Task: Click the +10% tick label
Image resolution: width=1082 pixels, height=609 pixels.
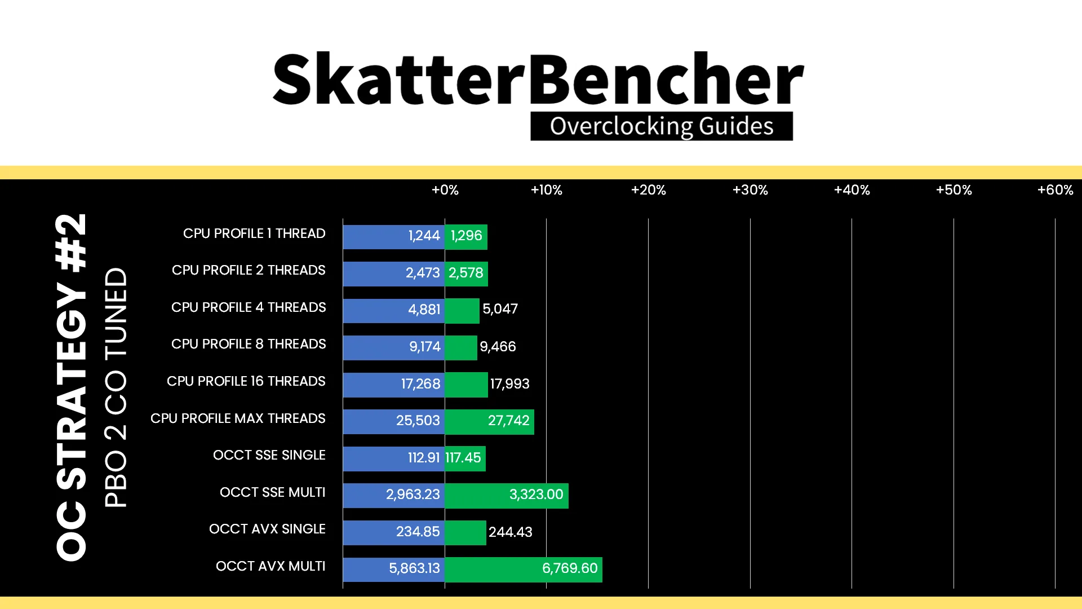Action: point(546,190)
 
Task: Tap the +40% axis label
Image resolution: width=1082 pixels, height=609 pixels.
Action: point(852,190)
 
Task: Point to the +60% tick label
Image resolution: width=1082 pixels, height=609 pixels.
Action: point(1055,190)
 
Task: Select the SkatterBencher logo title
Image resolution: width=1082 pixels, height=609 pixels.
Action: point(538,79)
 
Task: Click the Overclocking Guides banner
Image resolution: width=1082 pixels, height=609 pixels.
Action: point(662,126)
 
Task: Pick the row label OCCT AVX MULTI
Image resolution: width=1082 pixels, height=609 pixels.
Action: point(270,566)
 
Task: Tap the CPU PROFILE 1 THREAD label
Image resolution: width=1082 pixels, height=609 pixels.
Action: point(254,233)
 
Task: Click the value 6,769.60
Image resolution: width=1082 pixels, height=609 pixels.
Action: point(570,568)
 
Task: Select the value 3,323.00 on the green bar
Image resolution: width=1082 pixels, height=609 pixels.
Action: point(536,495)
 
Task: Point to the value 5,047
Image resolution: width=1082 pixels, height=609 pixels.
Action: point(500,309)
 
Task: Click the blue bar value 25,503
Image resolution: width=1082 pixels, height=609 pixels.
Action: point(418,421)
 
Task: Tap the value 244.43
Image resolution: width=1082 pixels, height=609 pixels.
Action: point(510,532)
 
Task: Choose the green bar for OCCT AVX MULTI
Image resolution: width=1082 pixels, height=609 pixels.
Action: point(524,570)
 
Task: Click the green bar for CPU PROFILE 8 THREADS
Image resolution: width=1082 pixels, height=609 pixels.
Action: point(461,348)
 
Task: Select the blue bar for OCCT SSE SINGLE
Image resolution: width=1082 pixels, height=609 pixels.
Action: point(394,459)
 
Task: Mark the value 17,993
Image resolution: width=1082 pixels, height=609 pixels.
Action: point(509,384)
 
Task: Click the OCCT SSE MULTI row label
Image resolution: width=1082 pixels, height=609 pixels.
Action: point(273,492)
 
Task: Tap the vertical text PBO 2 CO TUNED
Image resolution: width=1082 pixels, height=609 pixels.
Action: point(116,387)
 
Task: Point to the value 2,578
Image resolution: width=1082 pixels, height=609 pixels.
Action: point(466,273)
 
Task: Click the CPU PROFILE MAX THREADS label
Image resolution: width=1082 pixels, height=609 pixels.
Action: point(238,418)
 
